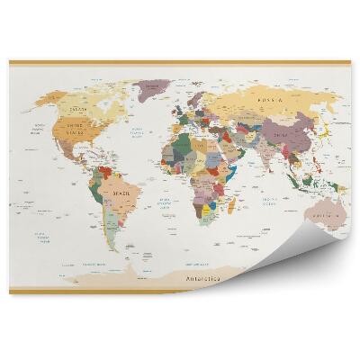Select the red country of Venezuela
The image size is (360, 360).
pos(109,168)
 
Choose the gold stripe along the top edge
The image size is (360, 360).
pos(180,62)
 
